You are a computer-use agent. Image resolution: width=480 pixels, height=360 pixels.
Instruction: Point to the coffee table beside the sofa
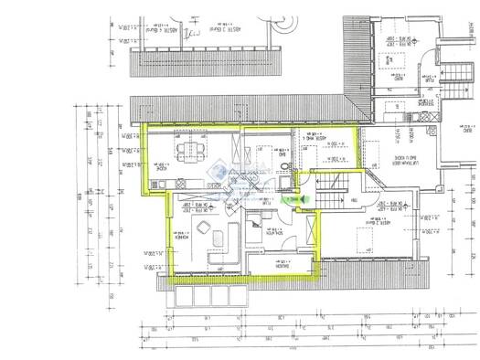[x=217, y=239]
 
